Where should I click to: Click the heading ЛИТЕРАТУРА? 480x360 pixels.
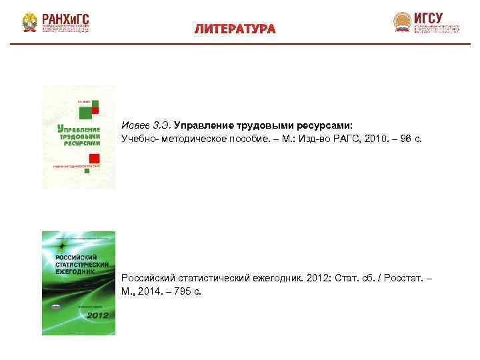[x=235, y=29]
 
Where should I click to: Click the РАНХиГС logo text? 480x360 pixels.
[x=65, y=18]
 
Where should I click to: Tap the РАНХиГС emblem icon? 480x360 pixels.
[x=29, y=23]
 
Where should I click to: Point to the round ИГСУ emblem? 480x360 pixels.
[x=402, y=22]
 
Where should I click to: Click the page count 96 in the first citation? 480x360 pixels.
[x=406, y=138]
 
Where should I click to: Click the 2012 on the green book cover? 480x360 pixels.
[x=97, y=315]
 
